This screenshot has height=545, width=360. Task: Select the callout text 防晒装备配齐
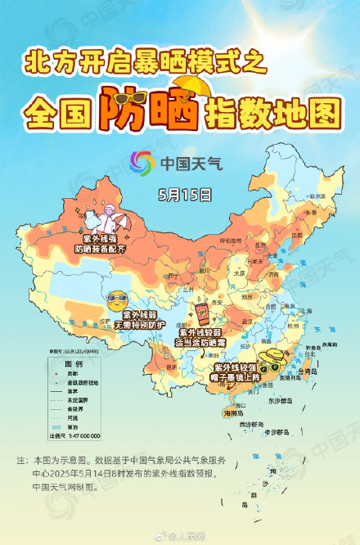(98, 247)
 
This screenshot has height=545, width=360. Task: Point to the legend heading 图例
(74, 363)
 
